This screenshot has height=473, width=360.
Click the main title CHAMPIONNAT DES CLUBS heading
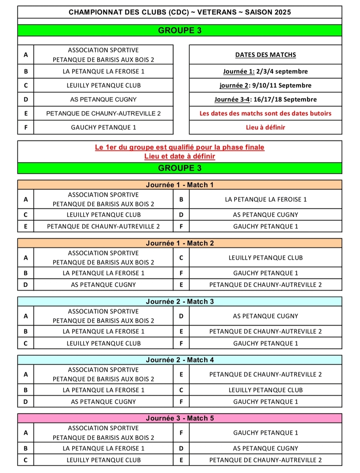[x=180, y=12]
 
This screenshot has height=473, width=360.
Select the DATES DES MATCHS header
[x=265, y=55]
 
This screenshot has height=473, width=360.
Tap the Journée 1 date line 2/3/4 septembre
[x=265, y=71]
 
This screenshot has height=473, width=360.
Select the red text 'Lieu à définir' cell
[x=265, y=127]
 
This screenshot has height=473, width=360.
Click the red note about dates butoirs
[x=265, y=114]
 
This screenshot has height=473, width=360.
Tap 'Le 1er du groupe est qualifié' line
[x=180, y=147]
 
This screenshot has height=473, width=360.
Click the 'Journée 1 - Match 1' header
[x=180, y=185]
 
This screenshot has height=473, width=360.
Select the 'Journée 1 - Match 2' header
[x=180, y=243]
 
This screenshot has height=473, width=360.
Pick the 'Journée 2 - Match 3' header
[x=180, y=302]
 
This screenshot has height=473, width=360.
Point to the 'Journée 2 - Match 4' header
[x=180, y=360]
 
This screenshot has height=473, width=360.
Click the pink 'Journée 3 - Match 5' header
[x=180, y=418]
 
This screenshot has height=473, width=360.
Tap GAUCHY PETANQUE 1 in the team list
[x=103, y=127]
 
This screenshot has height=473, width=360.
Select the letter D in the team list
[x=26, y=99]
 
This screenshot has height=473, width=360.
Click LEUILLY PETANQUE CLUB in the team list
[x=103, y=85]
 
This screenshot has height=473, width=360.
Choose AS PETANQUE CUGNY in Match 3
[x=265, y=316]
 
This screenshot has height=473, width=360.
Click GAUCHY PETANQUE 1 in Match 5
[x=265, y=432]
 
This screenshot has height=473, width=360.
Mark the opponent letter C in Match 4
[x=181, y=390]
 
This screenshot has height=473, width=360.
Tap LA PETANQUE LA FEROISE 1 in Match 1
[x=265, y=199]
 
